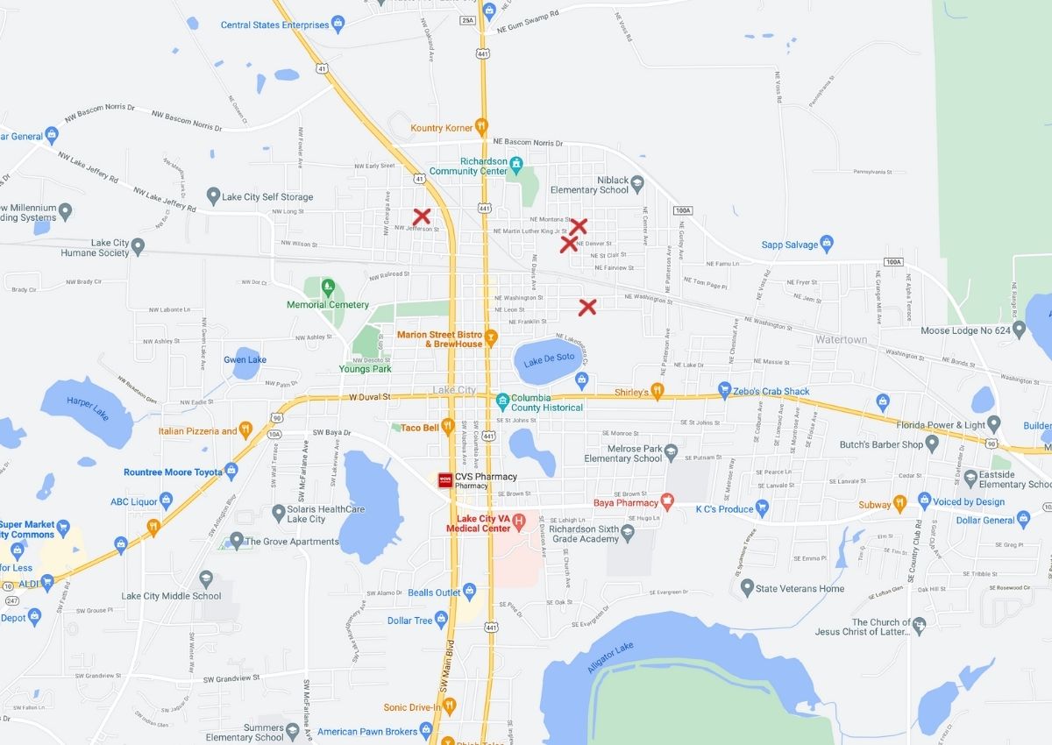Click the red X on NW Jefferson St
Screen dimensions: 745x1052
(422, 216)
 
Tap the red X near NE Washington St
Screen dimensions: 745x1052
(587, 307)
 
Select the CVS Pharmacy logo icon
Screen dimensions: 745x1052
(444, 479)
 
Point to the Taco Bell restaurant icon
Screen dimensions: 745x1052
(447, 427)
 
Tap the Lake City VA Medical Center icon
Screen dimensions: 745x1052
(518, 521)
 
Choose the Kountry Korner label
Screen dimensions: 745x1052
(441, 128)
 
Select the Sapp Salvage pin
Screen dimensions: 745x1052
(827, 245)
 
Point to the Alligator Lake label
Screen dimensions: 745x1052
(612, 657)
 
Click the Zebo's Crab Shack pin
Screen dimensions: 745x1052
(724, 389)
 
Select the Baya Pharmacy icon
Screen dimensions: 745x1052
(667, 502)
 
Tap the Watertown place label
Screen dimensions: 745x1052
(841, 339)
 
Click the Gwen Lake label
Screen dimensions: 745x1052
(245, 360)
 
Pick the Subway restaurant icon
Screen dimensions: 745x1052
(899, 504)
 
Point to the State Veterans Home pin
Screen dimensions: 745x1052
(746, 587)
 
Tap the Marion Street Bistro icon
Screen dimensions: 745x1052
(491, 334)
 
